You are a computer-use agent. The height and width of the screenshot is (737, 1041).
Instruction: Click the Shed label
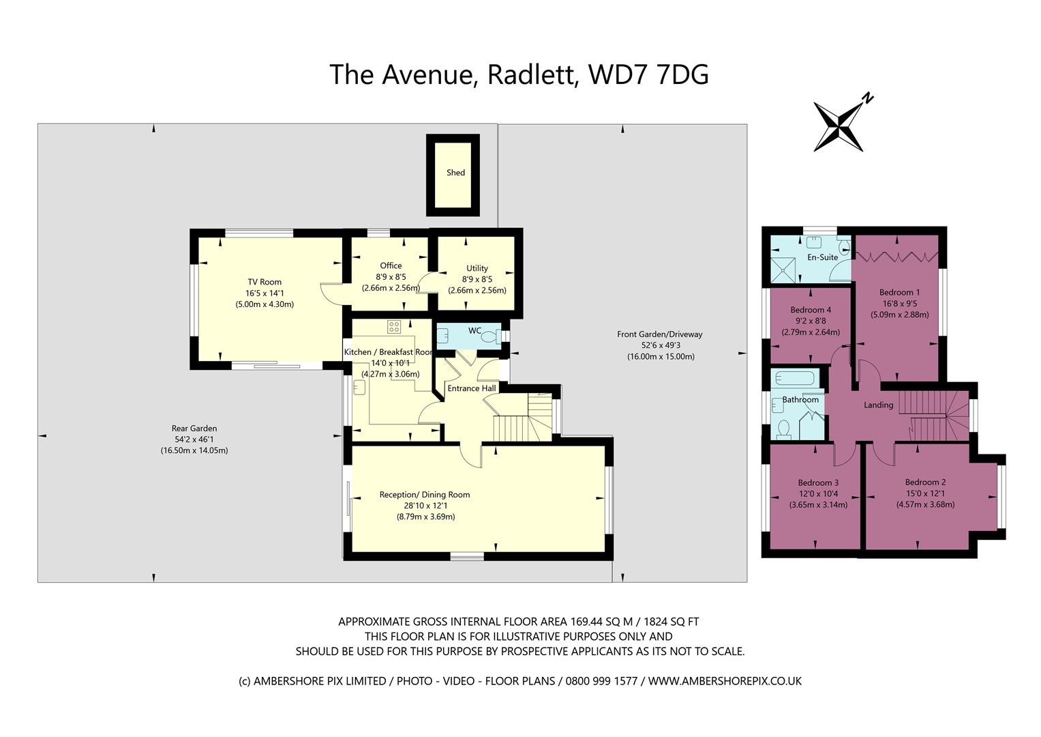455,173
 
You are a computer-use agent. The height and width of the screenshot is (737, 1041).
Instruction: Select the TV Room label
265,282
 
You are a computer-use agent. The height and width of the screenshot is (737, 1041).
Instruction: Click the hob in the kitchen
394,327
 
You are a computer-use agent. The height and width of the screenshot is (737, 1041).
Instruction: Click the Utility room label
477,268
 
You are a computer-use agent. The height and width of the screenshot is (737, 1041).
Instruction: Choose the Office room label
391,265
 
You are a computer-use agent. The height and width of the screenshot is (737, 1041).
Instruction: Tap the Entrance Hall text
471,388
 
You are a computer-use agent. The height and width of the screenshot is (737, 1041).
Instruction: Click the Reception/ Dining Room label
425,495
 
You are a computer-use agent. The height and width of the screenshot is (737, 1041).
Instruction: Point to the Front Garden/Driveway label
659,334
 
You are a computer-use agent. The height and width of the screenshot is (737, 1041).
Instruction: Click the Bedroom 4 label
811,310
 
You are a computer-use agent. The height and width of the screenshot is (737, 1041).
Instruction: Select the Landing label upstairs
878,405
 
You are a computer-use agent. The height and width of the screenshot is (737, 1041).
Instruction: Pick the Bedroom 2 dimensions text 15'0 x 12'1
925,493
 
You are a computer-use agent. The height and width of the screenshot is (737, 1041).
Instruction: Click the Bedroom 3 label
818,482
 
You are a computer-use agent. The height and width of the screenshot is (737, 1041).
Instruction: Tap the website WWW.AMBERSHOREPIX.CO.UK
725,681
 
